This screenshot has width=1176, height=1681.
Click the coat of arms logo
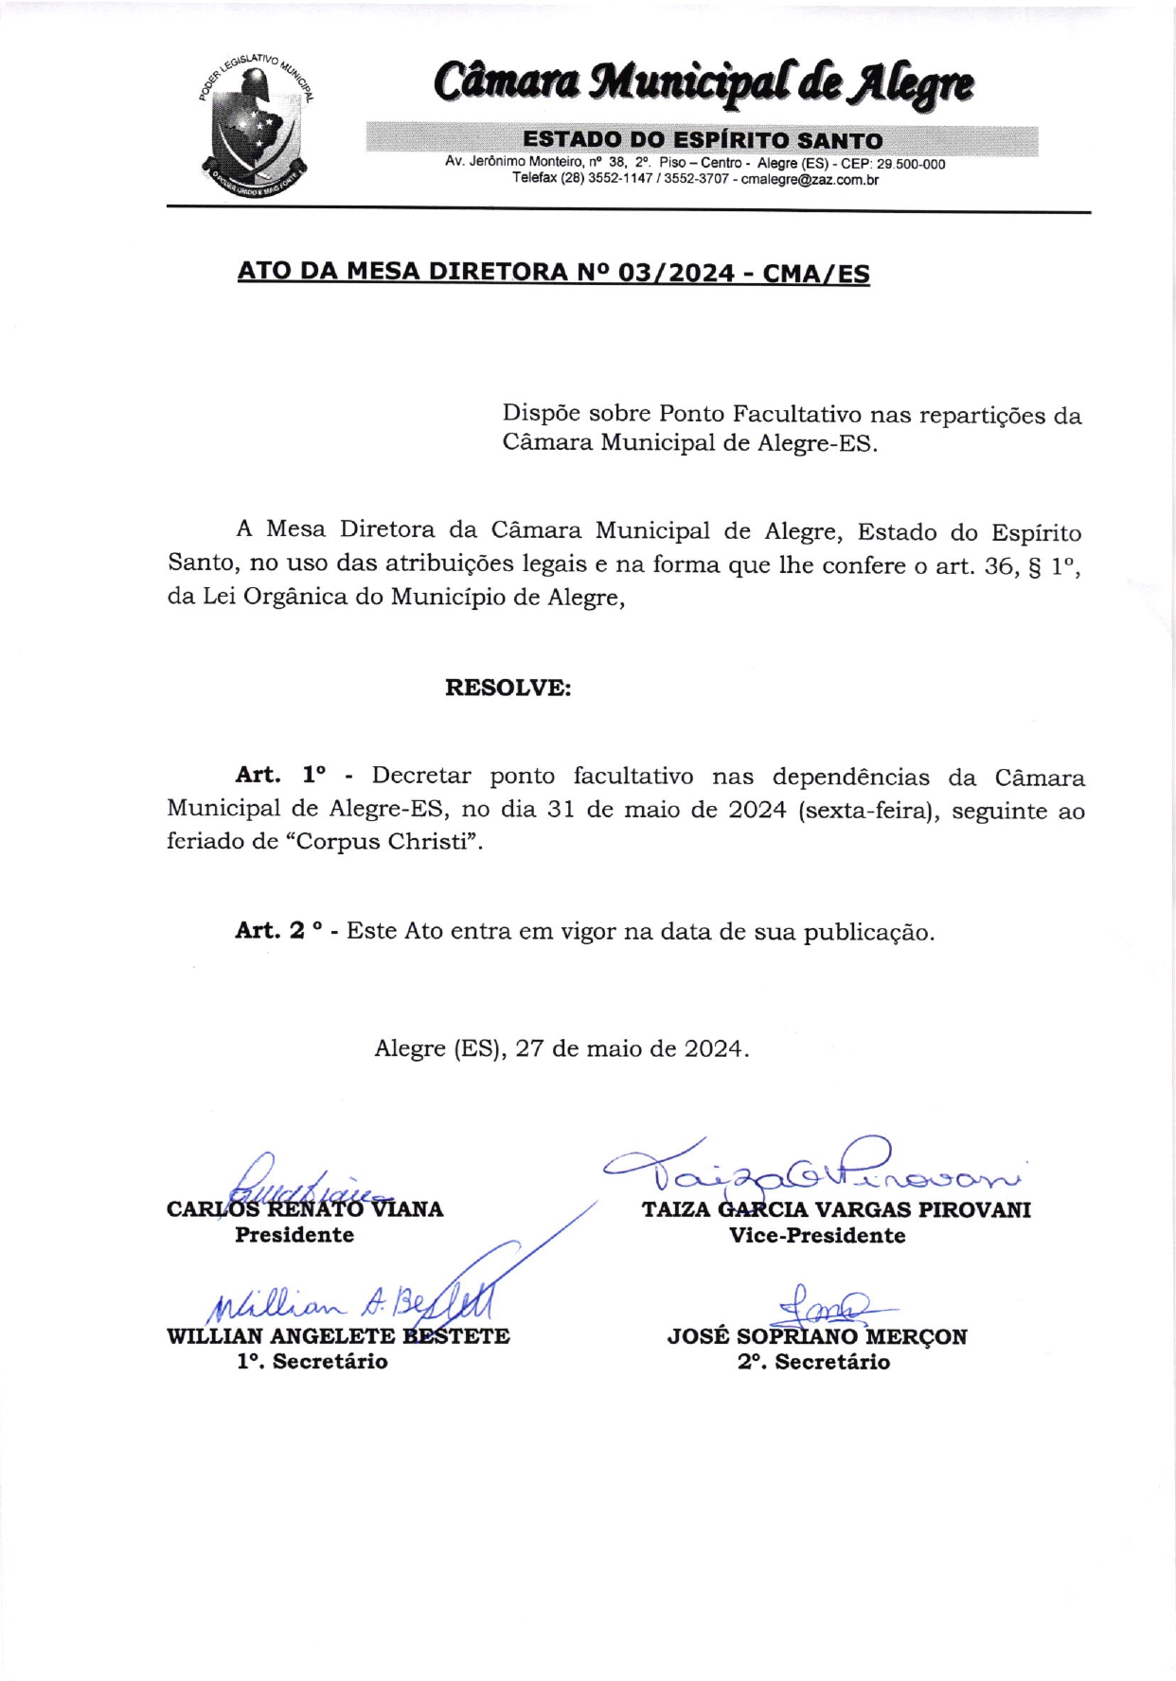pyautogui.click(x=257, y=121)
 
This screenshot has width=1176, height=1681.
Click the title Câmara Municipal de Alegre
pyautogui.click(x=704, y=83)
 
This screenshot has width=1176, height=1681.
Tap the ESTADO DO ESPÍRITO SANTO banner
pyautogui.click(x=702, y=140)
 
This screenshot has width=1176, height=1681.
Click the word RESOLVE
pyautogui.click(x=508, y=688)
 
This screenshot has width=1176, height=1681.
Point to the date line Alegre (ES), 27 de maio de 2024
pyautogui.click(x=561, y=1048)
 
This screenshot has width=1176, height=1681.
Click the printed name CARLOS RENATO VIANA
pyautogui.click(x=304, y=1209)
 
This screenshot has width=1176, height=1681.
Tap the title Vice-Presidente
pyautogui.click(x=816, y=1235)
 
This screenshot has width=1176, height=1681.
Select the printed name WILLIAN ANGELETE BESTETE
pyautogui.click(x=338, y=1336)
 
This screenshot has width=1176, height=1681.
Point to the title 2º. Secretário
pyautogui.click(x=813, y=1362)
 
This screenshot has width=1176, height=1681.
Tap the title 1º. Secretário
pyautogui.click(x=312, y=1361)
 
